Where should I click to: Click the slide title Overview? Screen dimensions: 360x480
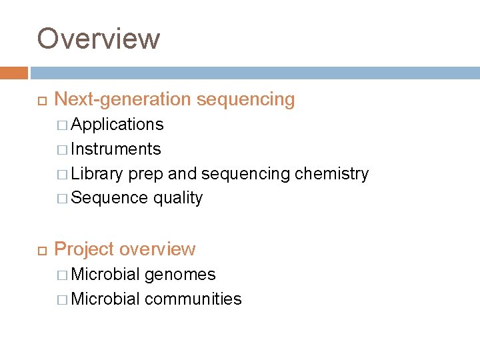click(99, 39)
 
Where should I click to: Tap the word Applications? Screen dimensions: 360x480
click(117, 125)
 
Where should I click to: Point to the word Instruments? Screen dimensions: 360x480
click(116, 149)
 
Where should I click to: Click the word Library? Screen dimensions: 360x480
click(97, 174)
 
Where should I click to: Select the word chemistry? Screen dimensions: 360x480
click(331, 174)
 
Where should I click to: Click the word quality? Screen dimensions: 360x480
click(178, 199)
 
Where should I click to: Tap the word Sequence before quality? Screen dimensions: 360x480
click(109, 198)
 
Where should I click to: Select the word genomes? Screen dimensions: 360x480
click(180, 275)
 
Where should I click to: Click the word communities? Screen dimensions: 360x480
click(193, 299)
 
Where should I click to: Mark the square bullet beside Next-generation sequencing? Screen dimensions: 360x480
click(41, 101)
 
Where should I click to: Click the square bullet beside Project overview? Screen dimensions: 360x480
click(41, 250)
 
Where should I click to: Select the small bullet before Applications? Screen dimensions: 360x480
click(62, 125)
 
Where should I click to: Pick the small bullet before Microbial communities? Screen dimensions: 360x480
click(62, 300)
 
